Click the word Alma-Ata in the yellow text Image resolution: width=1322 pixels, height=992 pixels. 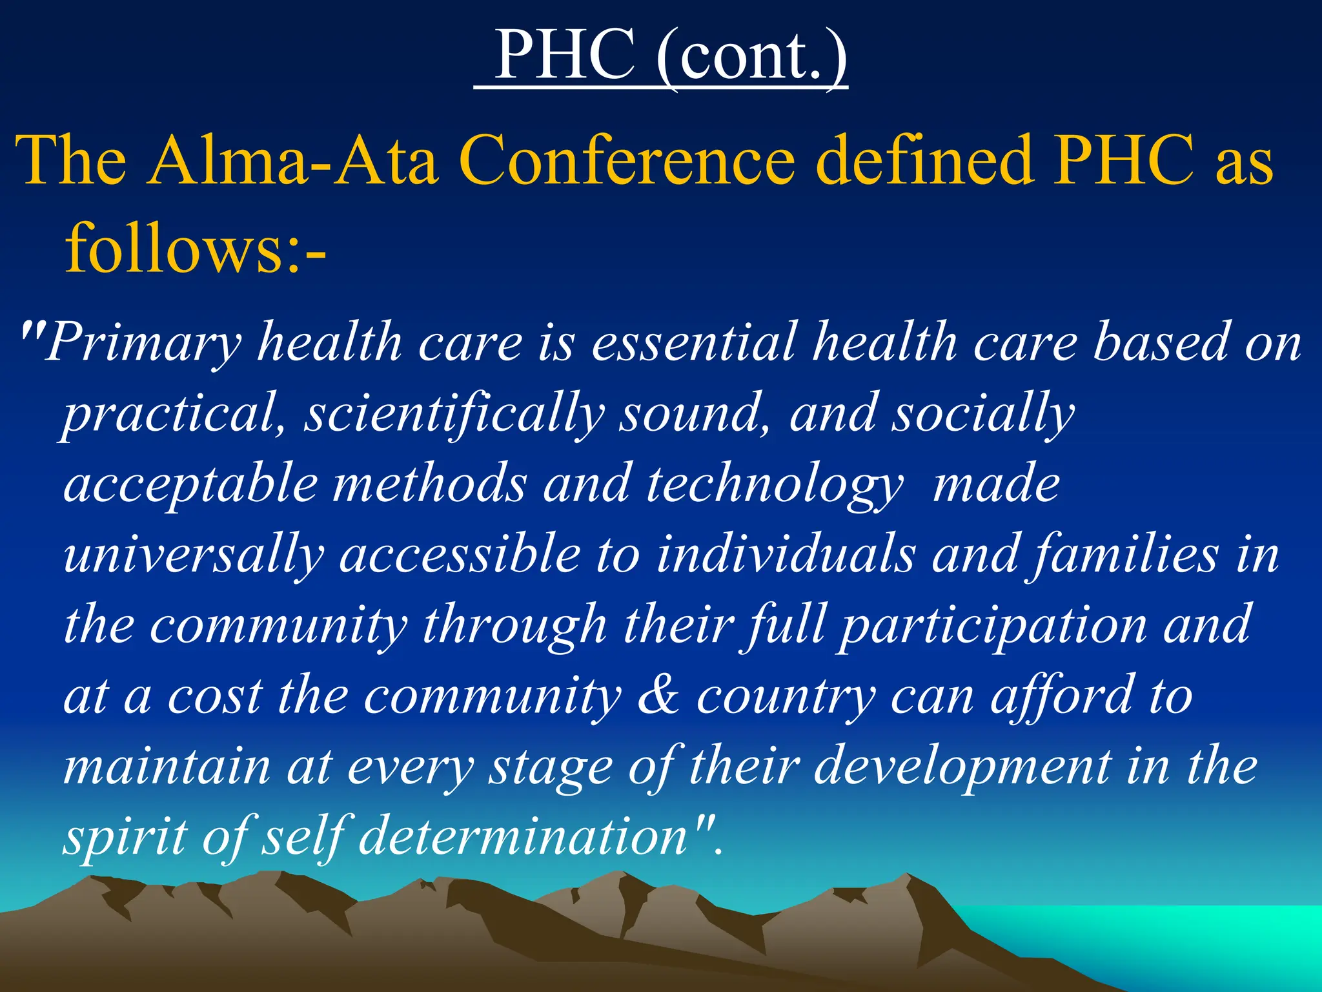coord(293,161)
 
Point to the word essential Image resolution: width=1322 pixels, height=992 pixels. coord(694,342)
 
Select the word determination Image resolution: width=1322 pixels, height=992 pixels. coord(523,836)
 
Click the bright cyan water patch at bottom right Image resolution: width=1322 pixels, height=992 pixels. coord(1194,943)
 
